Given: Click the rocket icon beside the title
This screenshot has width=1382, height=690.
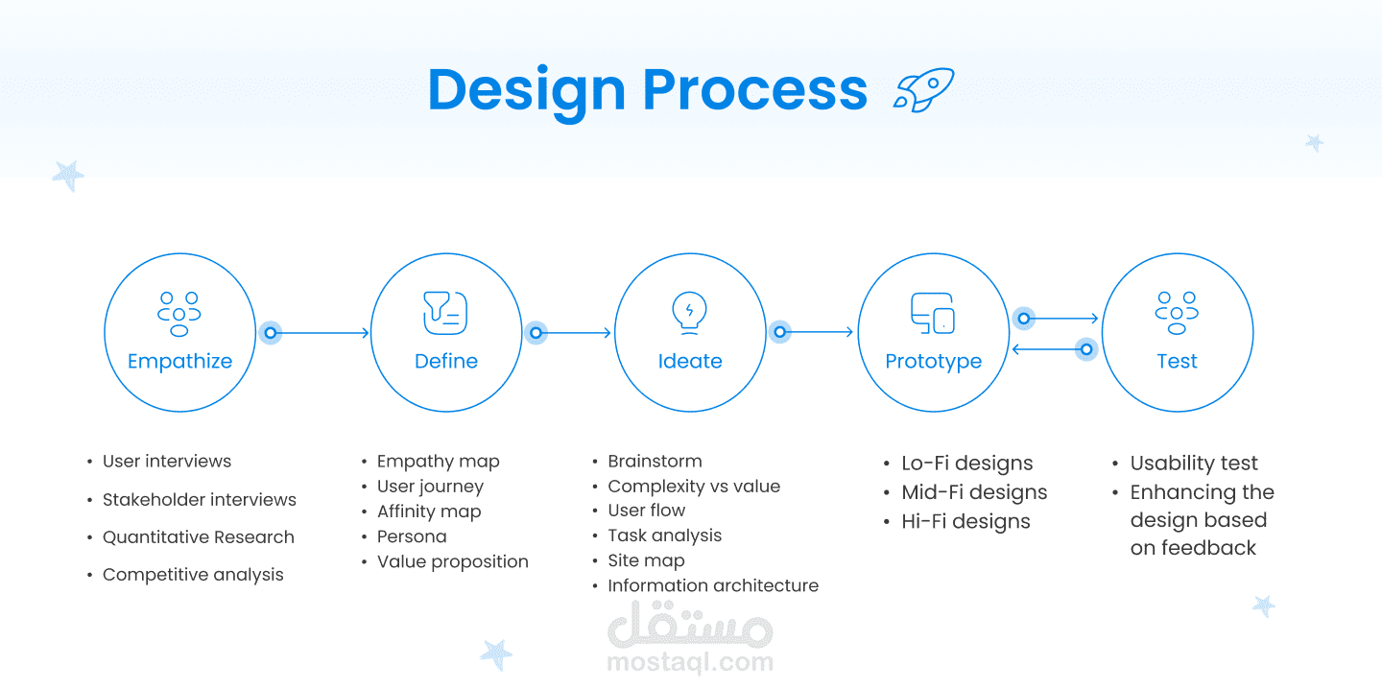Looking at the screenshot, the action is coord(923,89).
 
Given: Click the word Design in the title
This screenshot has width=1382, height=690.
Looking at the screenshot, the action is coord(526,91).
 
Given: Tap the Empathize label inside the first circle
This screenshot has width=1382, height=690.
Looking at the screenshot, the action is coord(180,362).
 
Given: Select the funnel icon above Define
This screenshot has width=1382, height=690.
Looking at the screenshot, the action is coord(445,313).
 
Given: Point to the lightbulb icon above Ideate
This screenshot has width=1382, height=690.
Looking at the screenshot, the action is coord(689,313).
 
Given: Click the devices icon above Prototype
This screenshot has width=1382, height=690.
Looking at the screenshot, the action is coord(933,314).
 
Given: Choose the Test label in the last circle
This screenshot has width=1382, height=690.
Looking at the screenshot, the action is coord(1177,361).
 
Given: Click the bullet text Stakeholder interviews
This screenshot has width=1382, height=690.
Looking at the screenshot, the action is coord(200,499).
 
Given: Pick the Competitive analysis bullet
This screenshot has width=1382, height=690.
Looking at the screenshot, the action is coord(193,575).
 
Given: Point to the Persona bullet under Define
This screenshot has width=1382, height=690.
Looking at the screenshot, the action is coord(412,536).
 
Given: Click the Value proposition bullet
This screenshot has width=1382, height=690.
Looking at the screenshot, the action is coord(453,562).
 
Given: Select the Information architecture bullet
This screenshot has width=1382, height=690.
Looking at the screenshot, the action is coord(713,585).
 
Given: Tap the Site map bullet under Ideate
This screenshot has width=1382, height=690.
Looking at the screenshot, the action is coord(646,560).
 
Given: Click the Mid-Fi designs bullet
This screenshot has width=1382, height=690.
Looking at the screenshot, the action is coord(974,492).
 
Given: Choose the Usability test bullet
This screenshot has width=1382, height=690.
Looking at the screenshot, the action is coord(1194,463).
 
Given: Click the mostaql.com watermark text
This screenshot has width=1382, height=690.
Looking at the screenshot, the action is coord(690,662).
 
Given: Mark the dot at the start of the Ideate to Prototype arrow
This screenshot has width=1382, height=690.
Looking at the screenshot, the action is coord(780,332).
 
